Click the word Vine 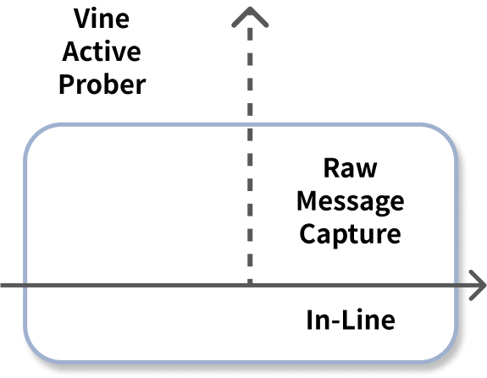pos(102,19)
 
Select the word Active pos(102,52)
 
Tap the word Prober pos(102,85)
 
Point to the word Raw pos(351,168)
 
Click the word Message pos(351,202)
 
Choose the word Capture pos(351,235)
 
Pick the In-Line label pos(351,320)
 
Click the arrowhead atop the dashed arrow pos(250,17)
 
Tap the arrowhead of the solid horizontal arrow pos(478,285)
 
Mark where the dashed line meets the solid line pos(250,285)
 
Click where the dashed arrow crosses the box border pos(250,124)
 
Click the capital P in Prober pos(66,84)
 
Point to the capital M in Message pos(307,201)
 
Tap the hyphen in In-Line pos(335,322)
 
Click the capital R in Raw pos(331,168)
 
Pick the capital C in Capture pos(307,233)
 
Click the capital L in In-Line pos(348,320)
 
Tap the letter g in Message pos(380,204)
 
